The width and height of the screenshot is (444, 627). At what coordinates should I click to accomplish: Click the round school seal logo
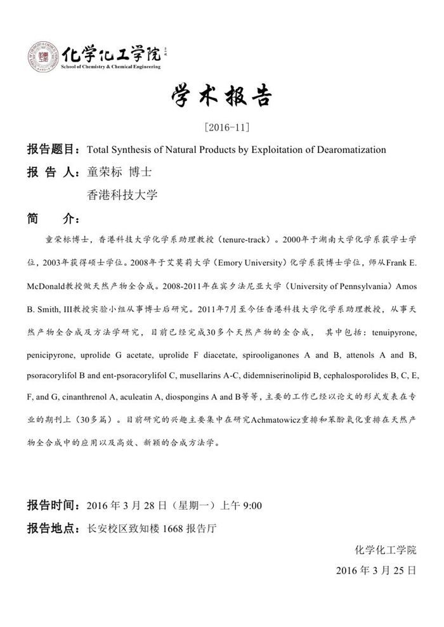(43, 56)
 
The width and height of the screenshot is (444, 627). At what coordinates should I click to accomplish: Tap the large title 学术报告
(221, 96)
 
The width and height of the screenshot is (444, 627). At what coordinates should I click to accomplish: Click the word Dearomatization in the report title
(351, 150)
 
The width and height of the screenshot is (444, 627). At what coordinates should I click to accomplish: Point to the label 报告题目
(51, 150)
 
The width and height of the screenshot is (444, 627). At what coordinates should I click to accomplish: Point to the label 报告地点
(51, 528)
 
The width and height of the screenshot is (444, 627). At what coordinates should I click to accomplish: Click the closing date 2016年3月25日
(375, 570)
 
